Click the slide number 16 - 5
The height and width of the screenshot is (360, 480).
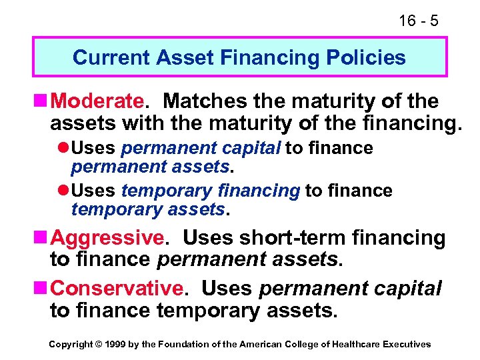418,21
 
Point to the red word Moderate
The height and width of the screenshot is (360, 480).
97,101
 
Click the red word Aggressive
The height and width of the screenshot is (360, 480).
107,237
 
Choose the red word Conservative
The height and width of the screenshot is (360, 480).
116,288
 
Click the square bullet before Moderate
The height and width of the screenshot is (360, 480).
41,102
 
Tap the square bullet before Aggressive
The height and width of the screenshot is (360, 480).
41,238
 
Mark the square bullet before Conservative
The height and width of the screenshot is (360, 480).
41,289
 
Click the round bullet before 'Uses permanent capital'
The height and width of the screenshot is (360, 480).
64,148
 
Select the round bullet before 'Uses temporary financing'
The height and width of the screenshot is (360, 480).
64,191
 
